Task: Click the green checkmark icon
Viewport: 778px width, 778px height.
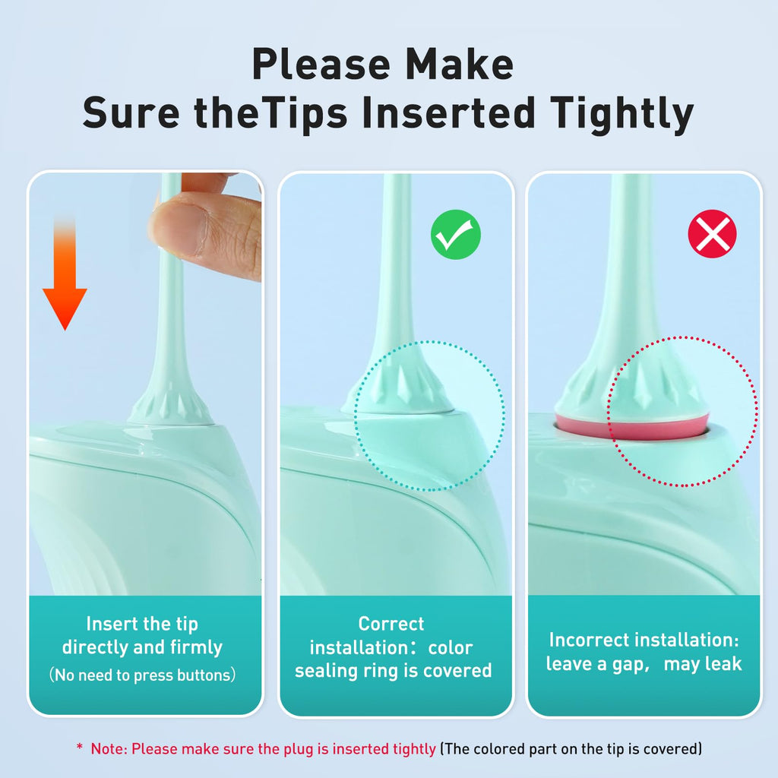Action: coord(456,234)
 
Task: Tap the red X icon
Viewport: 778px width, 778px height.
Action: coord(712,234)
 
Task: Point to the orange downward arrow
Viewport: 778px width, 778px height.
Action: coord(65,273)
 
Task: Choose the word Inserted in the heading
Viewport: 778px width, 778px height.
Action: coord(448,112)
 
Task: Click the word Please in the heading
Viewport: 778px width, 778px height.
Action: coord(321,64)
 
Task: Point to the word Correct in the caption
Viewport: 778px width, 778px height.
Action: coord(391,624)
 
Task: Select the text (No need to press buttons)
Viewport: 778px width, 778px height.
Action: coord(142,675)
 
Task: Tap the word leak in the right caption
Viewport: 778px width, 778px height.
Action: coord(723,664)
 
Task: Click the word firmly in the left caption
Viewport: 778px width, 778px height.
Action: coord(196,647)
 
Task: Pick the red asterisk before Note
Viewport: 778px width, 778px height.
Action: coord(79,747)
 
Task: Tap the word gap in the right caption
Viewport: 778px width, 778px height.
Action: coord(629,665)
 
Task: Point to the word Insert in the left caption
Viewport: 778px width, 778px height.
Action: coord(111,624)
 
